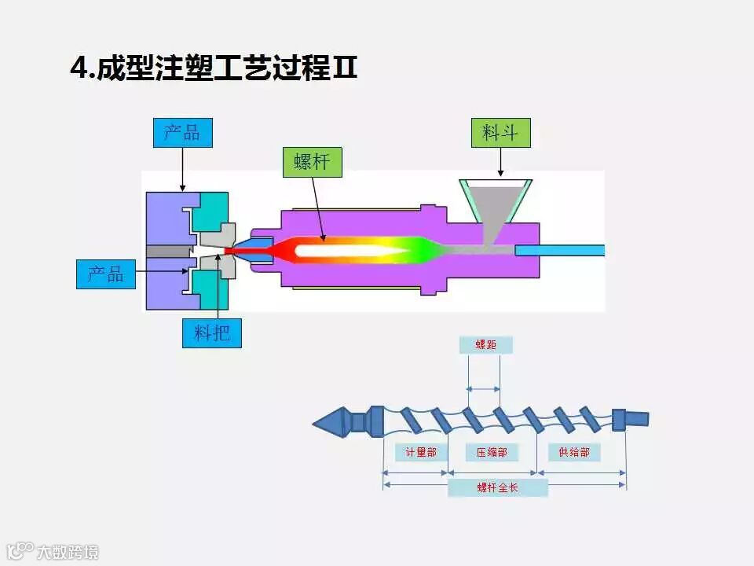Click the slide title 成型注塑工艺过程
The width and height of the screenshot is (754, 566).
(214, 68)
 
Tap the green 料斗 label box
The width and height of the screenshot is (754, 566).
(500, 133)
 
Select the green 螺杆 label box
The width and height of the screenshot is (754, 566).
(312, 162)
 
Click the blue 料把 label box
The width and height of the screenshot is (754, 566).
(211, 333)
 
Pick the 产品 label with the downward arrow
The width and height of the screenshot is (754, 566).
(182, 133)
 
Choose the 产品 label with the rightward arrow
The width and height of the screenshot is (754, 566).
(105, 274)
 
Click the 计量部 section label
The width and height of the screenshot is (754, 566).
(421, 452)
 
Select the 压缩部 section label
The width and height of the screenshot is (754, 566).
(492, 452)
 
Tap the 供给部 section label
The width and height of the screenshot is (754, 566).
(574, 452)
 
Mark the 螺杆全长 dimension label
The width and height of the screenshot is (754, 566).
(497, 487)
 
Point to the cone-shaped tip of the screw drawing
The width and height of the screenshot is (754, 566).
(330, 423)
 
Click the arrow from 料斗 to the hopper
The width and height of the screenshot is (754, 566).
(500, 162)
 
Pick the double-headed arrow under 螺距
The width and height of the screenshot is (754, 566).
(483, 388)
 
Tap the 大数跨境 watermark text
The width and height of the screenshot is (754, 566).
(68, 552)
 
